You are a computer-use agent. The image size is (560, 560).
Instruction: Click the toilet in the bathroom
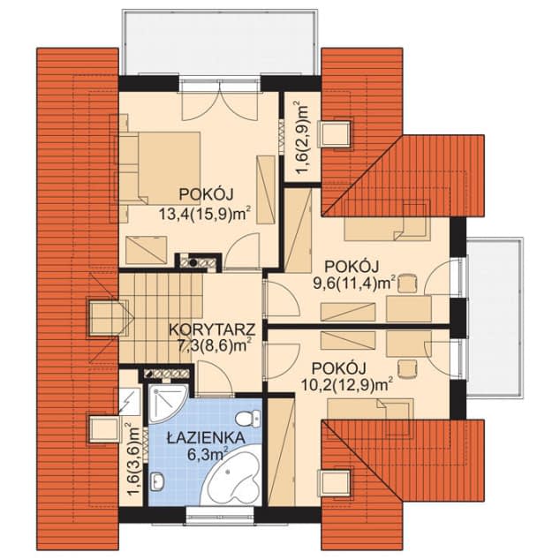point(248,418)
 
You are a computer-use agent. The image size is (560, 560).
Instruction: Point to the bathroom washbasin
point(157,481)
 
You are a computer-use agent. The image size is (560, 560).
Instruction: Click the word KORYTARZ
point(212,329)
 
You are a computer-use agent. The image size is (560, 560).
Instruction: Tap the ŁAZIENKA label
point(206,437)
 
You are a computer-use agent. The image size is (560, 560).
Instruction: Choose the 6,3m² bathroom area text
point(208,454)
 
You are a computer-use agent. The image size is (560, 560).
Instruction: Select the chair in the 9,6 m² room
point(407,284)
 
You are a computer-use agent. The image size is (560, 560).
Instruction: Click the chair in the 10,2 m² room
point(407,369)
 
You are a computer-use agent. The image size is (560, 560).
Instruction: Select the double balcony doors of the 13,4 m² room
point(219,101)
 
